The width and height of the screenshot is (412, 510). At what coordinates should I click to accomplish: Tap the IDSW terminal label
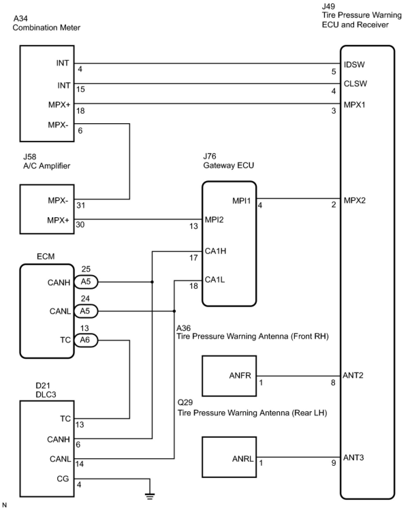(x=354, y=64)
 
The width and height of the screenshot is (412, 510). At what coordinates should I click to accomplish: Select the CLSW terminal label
(x=355, y=84)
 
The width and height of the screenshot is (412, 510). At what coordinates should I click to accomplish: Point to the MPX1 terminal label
(x=354, y=105)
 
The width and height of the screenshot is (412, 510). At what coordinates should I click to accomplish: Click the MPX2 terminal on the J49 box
(x=354, y=200)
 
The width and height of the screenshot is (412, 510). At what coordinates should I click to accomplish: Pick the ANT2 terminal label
(x=353, y=375)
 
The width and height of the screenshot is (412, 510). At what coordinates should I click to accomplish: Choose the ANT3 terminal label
(x=353, y=457)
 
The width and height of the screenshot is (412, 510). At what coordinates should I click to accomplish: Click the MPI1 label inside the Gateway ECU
(x=241, y=201)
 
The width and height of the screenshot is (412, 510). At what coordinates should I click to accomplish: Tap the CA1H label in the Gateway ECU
(x=216, y=251)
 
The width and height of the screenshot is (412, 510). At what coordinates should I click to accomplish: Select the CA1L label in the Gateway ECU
(x=215, y=280)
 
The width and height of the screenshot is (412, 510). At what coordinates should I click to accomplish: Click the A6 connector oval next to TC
(x=85, y=340)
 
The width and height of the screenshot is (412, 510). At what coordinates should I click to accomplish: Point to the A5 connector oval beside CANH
(x=85, y=282)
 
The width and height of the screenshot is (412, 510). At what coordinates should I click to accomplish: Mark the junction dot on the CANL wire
(x=174, y=311)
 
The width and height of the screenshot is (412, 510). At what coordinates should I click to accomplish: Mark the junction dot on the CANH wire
(x=152, y=282)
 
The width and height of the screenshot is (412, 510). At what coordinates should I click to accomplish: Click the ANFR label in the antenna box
(x=240, y=376)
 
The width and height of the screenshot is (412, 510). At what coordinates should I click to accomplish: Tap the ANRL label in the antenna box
(x=243, y=459)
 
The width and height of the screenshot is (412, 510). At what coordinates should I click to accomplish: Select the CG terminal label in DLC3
(x=63, y=479)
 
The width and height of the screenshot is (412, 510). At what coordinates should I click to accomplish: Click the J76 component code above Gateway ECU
(x=209, y=156)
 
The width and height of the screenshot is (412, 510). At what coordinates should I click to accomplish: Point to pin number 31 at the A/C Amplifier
(x=81, y=205)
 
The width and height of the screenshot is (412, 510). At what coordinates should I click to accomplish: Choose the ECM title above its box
(x=46, y=256)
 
